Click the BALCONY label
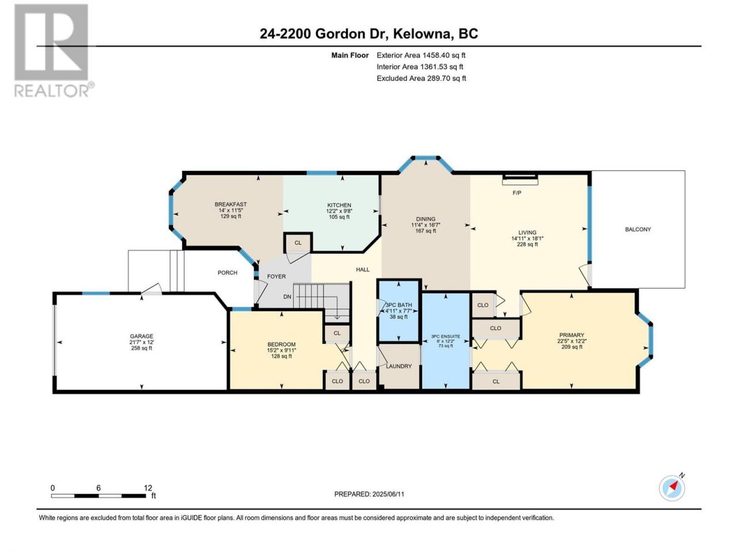tap(638, 230)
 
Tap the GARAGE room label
tap(142, 336)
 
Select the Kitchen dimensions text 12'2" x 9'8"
tap(339, 211)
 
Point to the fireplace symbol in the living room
tap(520, 179)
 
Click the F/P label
tap(517, 193)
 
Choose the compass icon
tap(672, 488)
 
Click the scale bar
tap(99, 496)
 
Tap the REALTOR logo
tap(53, 50)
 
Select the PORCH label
tap(227, 273)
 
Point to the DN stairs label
tap(287, 297)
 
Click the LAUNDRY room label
tap(399, 366)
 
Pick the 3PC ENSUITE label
tap(446, 336)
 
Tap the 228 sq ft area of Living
tap(527, 245)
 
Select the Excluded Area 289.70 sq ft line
tap(421, 78)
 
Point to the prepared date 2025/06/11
tap(389, 494)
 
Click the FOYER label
tap(276, 276)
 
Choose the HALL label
tap(363, 269)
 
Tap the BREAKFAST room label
tap(231, 204)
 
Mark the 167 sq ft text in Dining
tap(426, 231)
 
